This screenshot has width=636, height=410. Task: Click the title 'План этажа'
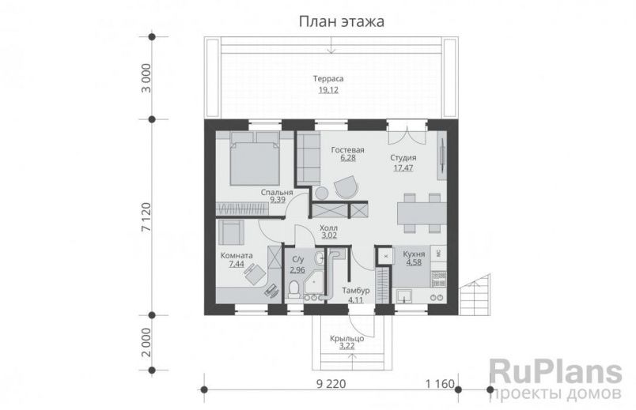[x=341, y=21]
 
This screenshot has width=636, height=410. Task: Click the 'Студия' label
[x=403, y=158]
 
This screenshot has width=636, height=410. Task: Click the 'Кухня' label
[x=414, y=254]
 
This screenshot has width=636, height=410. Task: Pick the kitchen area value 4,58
[x=414, y=263]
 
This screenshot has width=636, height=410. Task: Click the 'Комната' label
[x=237, y=256]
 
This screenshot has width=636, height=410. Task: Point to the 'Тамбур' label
[x=356, y=291]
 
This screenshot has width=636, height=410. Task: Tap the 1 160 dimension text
[x=441, y=384]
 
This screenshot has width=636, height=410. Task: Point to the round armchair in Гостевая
[x=345, y=186]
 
